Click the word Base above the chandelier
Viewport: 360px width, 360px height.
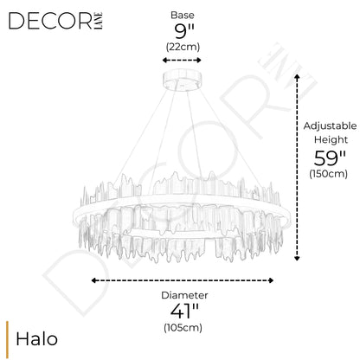coord(183,15)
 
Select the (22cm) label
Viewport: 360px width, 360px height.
coord(183,47)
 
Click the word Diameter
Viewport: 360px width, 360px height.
coord(184,295)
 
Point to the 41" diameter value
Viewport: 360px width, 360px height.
coord(184,311)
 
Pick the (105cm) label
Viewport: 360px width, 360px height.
coord(183,327)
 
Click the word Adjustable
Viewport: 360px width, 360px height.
coord(330,126)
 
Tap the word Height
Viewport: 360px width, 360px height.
coord(331,139)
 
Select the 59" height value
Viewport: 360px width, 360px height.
coord(330,157)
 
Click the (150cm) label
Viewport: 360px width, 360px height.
coord(329,174)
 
